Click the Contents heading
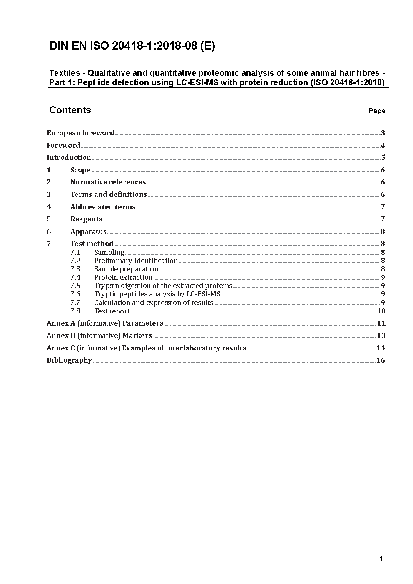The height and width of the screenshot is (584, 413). tap(70, 110)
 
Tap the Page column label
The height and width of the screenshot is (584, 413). tap(377, 111)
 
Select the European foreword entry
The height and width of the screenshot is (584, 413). tap(80, 133)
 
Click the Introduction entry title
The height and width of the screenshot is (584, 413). tap(69, 157)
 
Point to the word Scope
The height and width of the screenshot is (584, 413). tap(80, 170)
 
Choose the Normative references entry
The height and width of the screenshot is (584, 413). tap(108, 182)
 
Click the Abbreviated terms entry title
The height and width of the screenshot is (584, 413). tap(103, 207)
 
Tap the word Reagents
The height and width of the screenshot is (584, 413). tap(86, 219)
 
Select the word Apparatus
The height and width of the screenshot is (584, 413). tap(88, 231)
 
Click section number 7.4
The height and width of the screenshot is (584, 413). tap(75, 277)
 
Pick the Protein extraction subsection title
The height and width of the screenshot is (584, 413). tap(123, 277)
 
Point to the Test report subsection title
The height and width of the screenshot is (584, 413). tap(112, 311)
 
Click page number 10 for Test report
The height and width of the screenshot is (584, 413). tap(381, 311)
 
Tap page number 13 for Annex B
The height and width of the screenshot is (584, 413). tap(381, 335)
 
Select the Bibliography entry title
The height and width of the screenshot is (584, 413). tap(69, 360)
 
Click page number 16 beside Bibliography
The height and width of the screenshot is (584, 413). tap(381, 360)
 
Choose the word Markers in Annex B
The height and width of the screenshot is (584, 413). tap(137, 335)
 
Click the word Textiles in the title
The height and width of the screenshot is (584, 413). tap(65, 73)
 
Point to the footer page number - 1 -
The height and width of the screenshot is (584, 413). tap(381, 559)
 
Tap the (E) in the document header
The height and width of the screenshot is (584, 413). tap(207, 46)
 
